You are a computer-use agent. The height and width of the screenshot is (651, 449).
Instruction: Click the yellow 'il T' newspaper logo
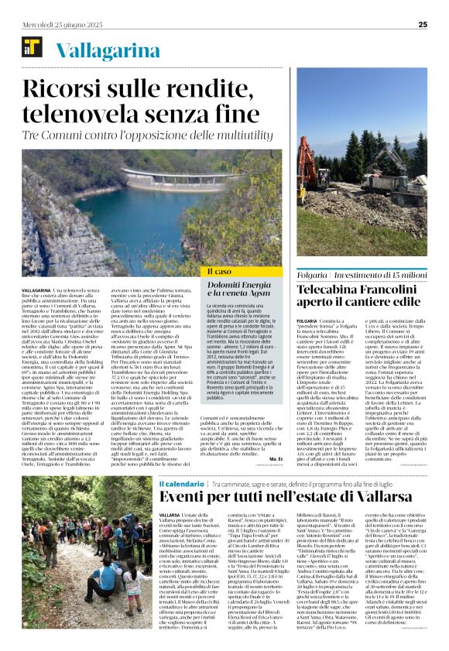pos(33,49)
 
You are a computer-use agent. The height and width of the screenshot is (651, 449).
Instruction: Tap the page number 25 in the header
pos(423,25)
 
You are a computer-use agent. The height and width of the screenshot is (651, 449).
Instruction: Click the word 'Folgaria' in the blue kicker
pos(334,275)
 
